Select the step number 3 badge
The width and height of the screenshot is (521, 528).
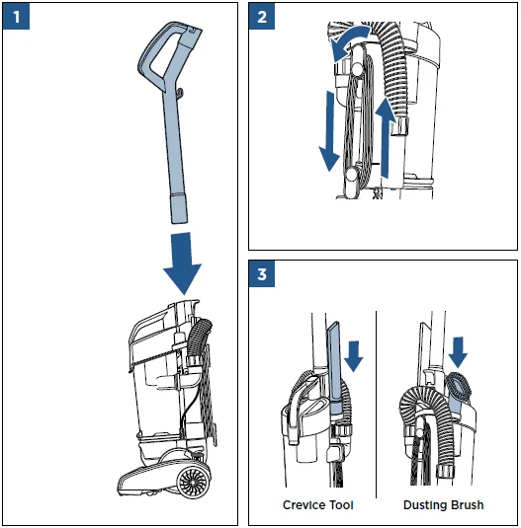[x=262, y=275]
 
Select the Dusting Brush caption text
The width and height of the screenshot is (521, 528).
[x=443, y=505]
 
